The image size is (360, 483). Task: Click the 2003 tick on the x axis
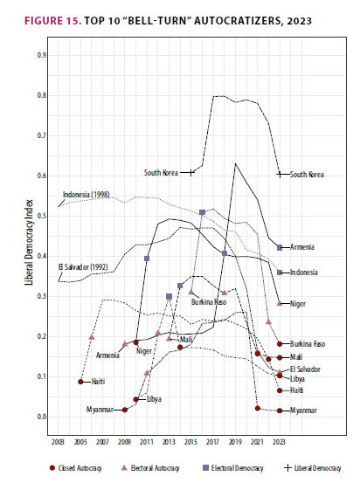(x=59, y=444)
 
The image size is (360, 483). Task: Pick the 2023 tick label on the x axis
(x=280, y=444)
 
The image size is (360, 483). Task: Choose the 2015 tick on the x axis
(x=191, y=444)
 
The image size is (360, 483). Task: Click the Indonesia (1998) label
(x=87, y=194)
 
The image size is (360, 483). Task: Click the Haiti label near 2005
(x=97, y=382)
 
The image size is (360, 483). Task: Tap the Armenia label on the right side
(x=303, y=247)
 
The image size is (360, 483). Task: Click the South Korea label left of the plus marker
(x=161, y=173)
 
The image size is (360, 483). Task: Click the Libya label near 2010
(x=153, y=399)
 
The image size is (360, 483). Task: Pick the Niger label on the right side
(x=299, y=303)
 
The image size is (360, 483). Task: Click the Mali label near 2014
(x=186, y=339)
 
